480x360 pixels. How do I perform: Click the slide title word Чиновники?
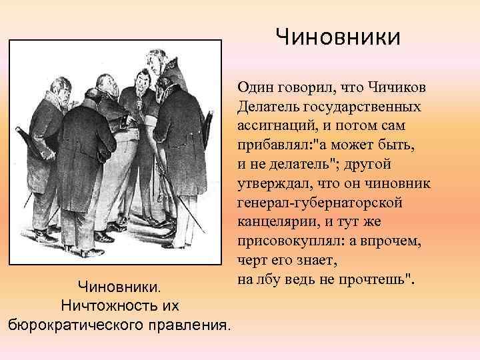point(338,37)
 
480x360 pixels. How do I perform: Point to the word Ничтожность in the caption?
point(106,306)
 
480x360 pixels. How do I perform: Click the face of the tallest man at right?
point(155,61)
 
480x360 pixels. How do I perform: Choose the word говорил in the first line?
point(306,89)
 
